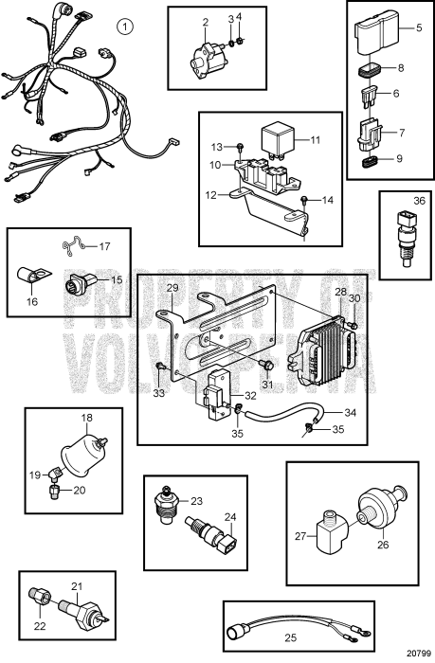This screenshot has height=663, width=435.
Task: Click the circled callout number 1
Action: [x=127, y=23]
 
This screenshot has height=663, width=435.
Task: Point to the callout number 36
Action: [x=406, y=202]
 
